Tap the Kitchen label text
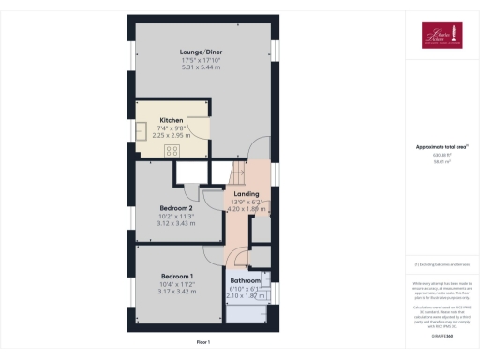pos(171,121)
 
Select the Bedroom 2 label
pos(176,208)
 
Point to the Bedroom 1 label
pos(176,276)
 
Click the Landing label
pos(246,194)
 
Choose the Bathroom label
pos(246,280)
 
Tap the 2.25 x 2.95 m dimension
pos(171,134)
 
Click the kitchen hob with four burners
pos(172,150)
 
